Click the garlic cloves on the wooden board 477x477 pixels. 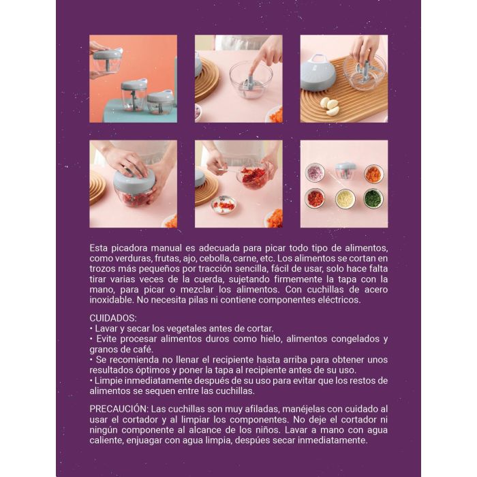tap(329, 105)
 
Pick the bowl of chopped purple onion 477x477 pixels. tap(315, 173)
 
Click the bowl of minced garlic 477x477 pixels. tap(345, 198)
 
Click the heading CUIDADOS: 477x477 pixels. tap(113, 318)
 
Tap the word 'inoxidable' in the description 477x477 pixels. tap(112, 300)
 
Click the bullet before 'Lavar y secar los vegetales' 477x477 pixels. tap(91, 328)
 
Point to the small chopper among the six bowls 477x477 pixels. tap(345, 171)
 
